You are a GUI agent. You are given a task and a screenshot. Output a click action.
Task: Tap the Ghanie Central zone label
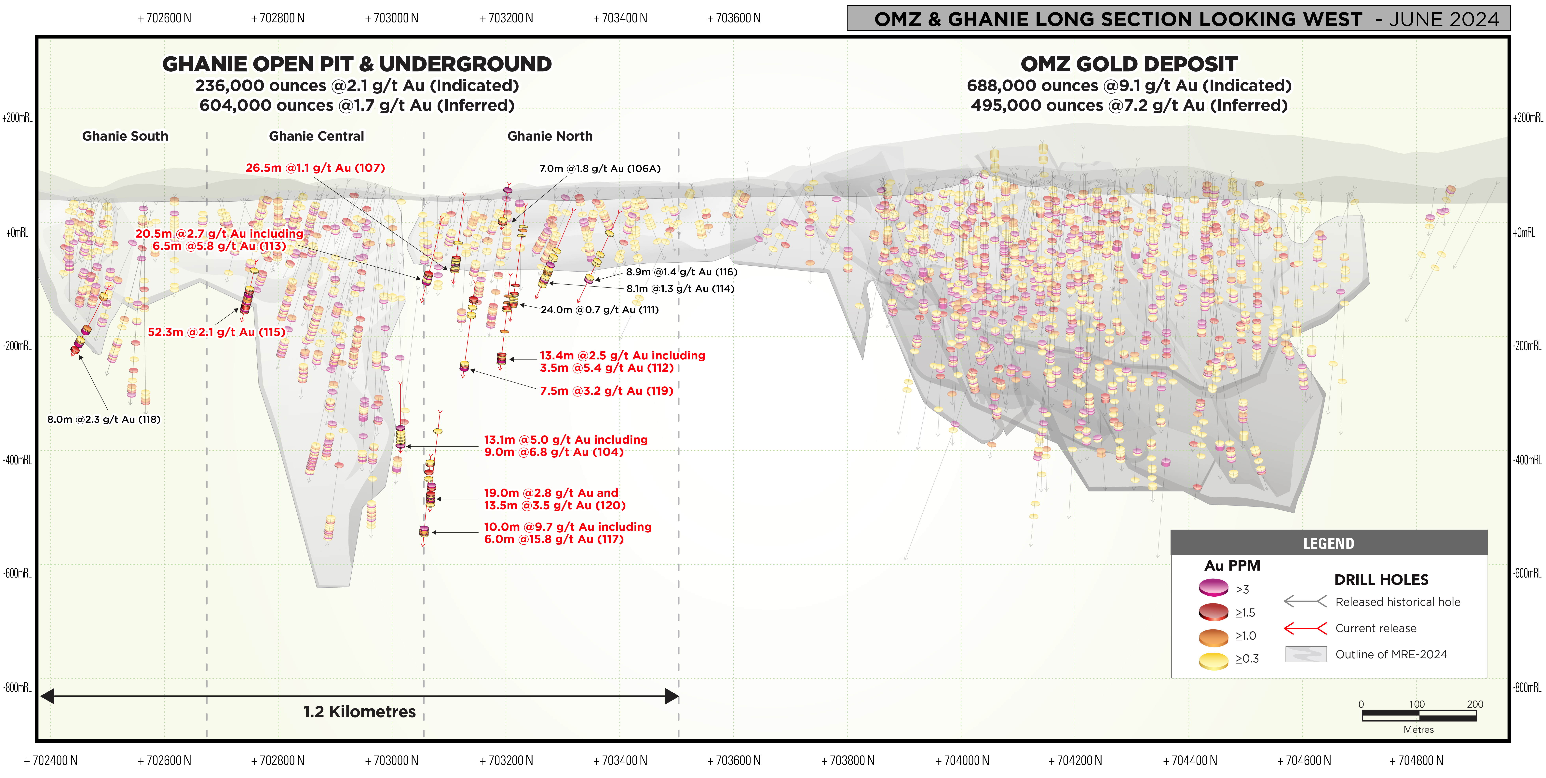[316, 136]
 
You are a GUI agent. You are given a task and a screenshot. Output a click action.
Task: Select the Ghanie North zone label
[550, 136]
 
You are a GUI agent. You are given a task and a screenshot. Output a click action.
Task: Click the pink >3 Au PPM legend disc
[1214, 587]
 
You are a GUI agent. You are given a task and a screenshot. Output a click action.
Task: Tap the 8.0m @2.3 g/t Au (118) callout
[104, 419]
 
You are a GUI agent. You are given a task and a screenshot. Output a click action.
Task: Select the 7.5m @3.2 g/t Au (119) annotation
[606, 391]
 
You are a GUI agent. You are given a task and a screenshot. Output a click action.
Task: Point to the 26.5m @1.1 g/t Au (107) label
[315, 168]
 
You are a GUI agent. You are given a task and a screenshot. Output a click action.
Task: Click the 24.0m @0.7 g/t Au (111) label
[600, 310]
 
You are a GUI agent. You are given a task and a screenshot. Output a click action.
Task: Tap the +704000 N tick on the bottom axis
[962, 761]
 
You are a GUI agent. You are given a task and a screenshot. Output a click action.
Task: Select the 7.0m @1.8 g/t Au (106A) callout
[600, 169]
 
